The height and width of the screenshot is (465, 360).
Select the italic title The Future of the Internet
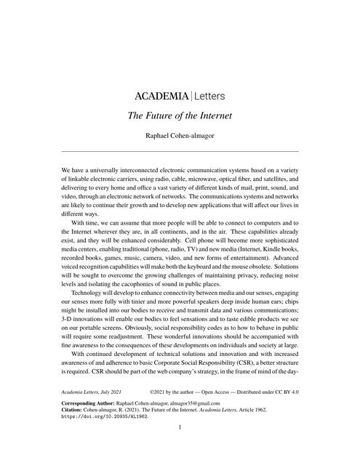point(180,115)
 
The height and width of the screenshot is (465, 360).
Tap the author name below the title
point(180,134)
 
